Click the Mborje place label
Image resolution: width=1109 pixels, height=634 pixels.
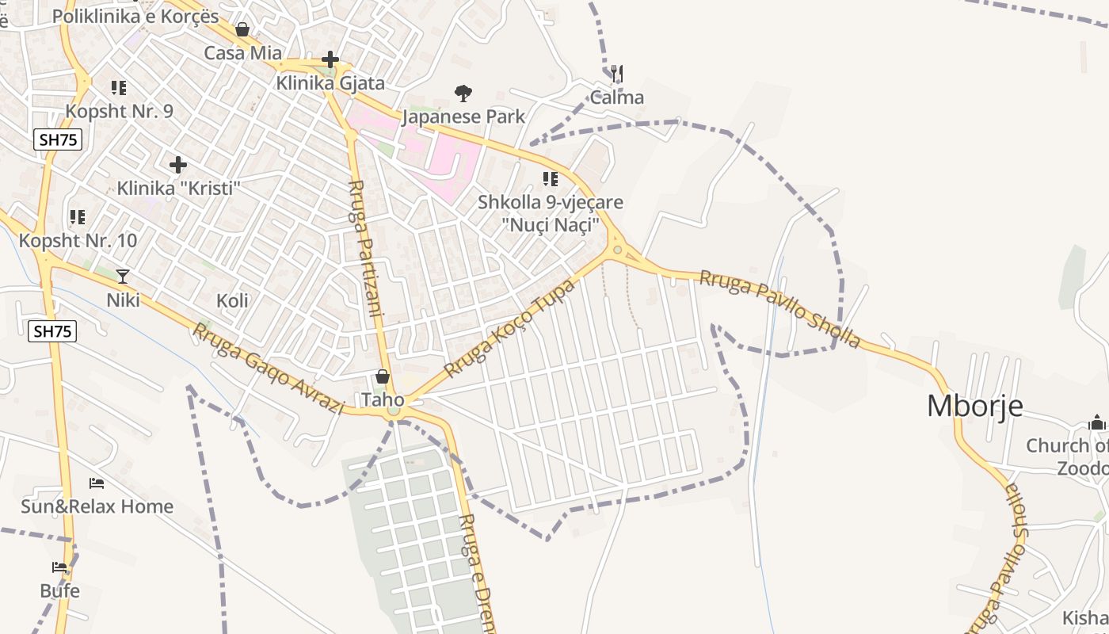coord(974,406)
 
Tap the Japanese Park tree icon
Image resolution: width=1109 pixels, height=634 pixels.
coord(463,94)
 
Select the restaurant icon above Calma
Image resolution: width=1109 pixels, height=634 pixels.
coord(617,74)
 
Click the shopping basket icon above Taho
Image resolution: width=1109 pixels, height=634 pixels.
coord(383,376)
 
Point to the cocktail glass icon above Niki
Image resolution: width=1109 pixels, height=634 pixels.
coord(123,276)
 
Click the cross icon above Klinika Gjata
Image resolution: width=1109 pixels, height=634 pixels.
coord(330,59)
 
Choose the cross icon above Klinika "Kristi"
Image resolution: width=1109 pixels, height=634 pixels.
coord(178,165)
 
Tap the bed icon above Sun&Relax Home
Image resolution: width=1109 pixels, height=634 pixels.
coord(97,483)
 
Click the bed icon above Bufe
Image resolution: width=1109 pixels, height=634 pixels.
coord(59,567)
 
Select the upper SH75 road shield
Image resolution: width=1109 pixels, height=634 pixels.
coord(59,140)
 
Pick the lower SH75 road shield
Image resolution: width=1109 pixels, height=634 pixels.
coord(53,331)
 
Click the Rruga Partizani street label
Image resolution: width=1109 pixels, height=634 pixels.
coord(366,248)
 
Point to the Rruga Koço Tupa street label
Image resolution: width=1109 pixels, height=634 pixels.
coord(509,327)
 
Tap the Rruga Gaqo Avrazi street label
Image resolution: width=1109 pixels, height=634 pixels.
coord(268,369)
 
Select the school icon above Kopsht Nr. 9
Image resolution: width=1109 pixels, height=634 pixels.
coord(119,87)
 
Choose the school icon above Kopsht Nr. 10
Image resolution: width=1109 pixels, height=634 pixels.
coord(78,216)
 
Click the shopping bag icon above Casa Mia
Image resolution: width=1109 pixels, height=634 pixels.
coord(242,29)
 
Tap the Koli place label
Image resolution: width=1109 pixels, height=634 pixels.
coord(232,300)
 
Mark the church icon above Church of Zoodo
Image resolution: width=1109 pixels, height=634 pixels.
coord(1097,422)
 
